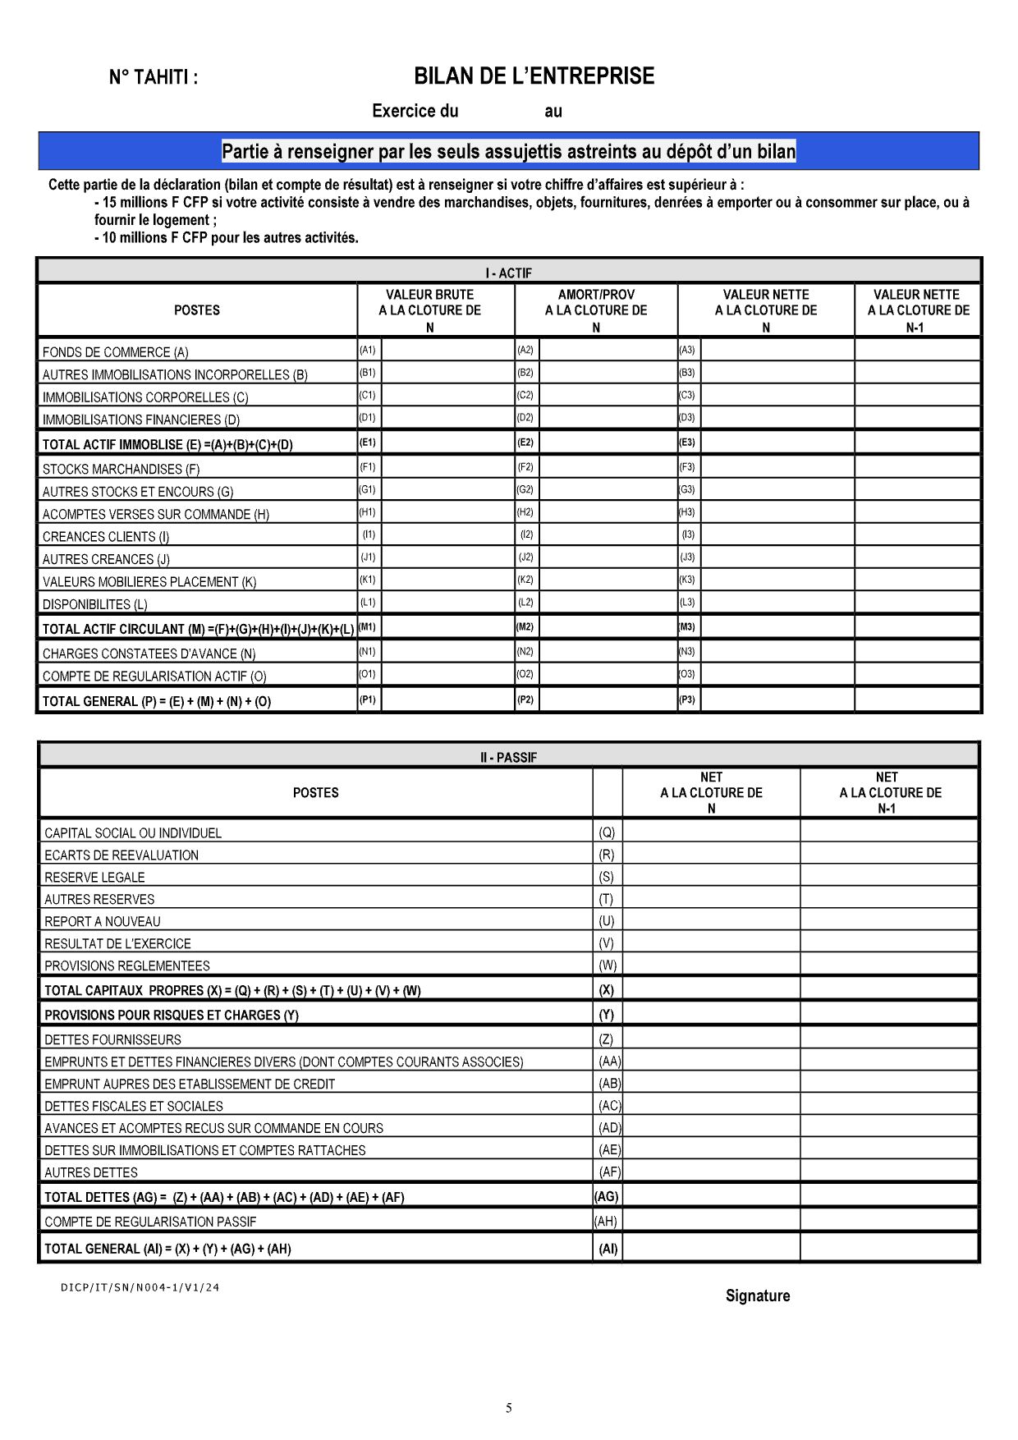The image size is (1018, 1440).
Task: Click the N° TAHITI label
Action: click(x=154, y=78)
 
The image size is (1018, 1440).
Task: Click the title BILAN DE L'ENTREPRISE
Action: click(x=534, y=76)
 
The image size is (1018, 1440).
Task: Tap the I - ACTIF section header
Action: click(x=508, y=273)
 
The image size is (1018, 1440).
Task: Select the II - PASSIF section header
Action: click(x=508, y=757)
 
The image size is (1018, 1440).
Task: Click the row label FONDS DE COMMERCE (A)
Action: click(x=115, y=352)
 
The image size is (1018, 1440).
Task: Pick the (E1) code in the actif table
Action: click(x=368, y=443)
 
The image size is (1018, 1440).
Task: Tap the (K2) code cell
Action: click(x=525, y=580)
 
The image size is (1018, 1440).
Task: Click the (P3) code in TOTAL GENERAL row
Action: click(x=687, y=699)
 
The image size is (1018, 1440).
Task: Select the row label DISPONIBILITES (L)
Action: click(x=94, y=604)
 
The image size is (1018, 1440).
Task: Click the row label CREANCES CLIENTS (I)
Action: click(x=106, y=537)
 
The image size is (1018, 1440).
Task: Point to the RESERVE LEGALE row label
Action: click(x=94, y=877)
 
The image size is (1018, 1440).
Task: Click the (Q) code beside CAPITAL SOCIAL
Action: click(x=607, y=832)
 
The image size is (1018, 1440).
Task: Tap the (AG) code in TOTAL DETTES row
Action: click(x=607, y=1196)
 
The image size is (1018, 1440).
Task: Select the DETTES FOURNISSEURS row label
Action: click(x=112, y=1039)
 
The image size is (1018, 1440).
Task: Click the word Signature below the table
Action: click(x=757, y=1296)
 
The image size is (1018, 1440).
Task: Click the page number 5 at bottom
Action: click(x=508, y=1408)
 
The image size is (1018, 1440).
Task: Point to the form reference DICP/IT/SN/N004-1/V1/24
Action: click(x=140, y=1287)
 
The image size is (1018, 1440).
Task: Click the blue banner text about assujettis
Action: click(x=508, y=152)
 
